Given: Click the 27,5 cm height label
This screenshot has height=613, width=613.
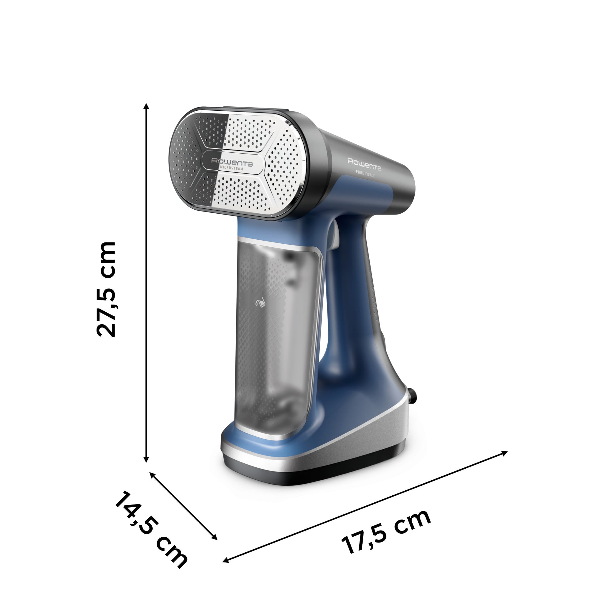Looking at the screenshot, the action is click(106, 289).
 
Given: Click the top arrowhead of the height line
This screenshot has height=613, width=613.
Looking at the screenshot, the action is click(146, 107).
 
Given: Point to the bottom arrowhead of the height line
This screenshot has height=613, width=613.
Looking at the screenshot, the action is click(146, 459).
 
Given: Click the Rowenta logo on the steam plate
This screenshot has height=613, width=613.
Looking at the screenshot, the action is click(232, 162).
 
